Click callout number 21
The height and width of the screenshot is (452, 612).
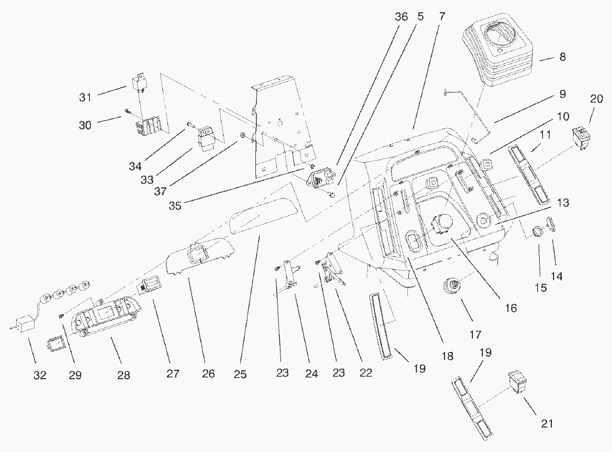(547, 423)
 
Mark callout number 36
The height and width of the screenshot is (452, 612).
(401, 17)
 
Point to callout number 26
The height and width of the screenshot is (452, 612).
(208, 374)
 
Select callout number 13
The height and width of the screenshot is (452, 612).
(562, 203)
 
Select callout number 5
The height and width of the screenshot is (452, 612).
(420, 17)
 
